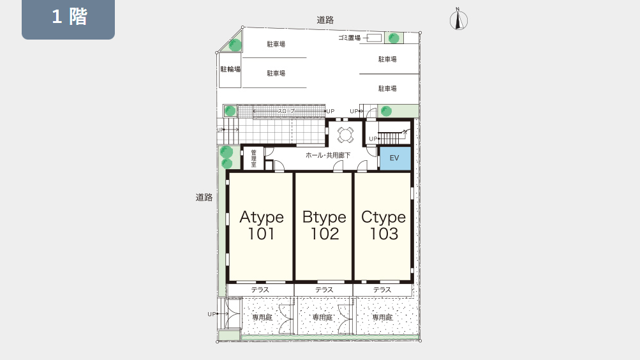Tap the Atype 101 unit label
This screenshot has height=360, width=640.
point(262,225)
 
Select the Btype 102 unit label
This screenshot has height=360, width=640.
point(325,225)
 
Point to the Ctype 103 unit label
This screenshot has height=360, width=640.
point(383,225)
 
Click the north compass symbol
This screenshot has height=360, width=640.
point(458,20)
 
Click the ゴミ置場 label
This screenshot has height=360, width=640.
point(350,38)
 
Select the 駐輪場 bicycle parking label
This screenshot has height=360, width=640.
point(230,70)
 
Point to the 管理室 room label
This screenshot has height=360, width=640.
point(253,158)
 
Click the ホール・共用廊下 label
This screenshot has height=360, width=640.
point(328,155)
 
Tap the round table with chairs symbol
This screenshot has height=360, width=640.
point(345,135)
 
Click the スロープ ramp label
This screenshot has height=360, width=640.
point(286,111)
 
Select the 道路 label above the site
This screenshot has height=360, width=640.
point(325,20)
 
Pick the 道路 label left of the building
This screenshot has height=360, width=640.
point(204,197)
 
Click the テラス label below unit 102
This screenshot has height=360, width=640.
point(324,290)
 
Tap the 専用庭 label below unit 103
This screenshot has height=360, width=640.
point(382,317)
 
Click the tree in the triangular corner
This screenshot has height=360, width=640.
point(235,45)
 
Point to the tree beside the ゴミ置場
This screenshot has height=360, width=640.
point(394,38)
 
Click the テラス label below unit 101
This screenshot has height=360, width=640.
point(260,290)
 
